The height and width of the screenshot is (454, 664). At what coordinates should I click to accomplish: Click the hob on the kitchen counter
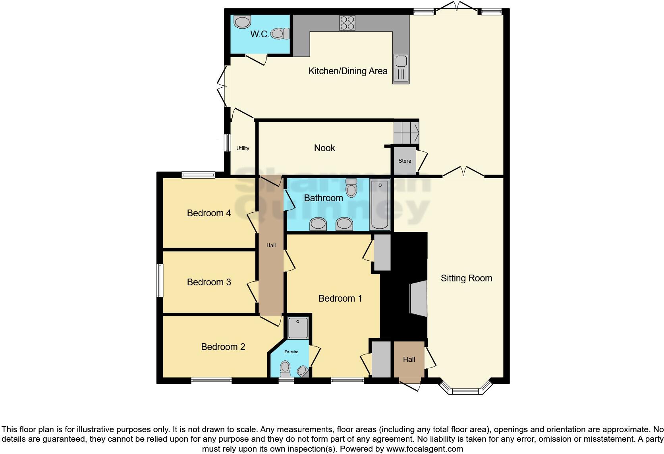tap(347, 23)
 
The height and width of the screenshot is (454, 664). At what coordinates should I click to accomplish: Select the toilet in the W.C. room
tap(280, 34)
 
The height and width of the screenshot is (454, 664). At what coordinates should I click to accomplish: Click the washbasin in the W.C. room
tap(242, 21)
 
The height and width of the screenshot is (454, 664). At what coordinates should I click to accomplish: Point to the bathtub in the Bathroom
tap(380, 204)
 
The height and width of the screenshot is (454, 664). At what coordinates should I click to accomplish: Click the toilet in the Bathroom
tap(351, 188)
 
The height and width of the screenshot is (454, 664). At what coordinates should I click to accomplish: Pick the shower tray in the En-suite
tap(297, 327)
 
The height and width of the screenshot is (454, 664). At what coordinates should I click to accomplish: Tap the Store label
tap(405, 161)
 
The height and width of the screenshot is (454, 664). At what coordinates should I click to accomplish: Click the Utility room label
tap(243, 148)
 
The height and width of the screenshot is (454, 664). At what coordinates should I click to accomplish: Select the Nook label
tap(324, 148)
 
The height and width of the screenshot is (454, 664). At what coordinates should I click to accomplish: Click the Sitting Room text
tap(466, 278)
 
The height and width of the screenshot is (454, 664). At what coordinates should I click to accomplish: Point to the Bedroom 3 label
tap(209, 282)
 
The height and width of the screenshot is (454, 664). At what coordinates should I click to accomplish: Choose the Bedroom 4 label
tap(209, 213)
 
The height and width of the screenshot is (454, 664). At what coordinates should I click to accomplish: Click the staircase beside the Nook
tap(406, 132)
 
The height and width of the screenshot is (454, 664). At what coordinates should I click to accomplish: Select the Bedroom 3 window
tap(160, 280)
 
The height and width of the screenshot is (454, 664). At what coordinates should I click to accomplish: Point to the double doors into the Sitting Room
tap(463, 172)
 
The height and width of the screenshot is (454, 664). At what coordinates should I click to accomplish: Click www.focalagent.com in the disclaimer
tap(425, 449)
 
